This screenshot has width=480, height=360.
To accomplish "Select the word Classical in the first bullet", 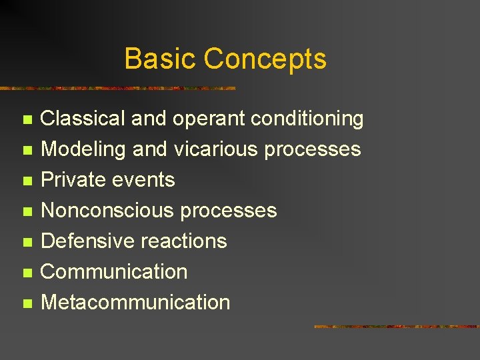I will [83, 119].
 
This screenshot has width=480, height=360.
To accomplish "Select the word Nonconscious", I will [108, 211].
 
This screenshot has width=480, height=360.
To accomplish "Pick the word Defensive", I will [87, 241].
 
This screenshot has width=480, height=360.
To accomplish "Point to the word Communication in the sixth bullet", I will [114, 271].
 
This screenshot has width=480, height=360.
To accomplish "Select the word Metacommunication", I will [135, 302].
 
